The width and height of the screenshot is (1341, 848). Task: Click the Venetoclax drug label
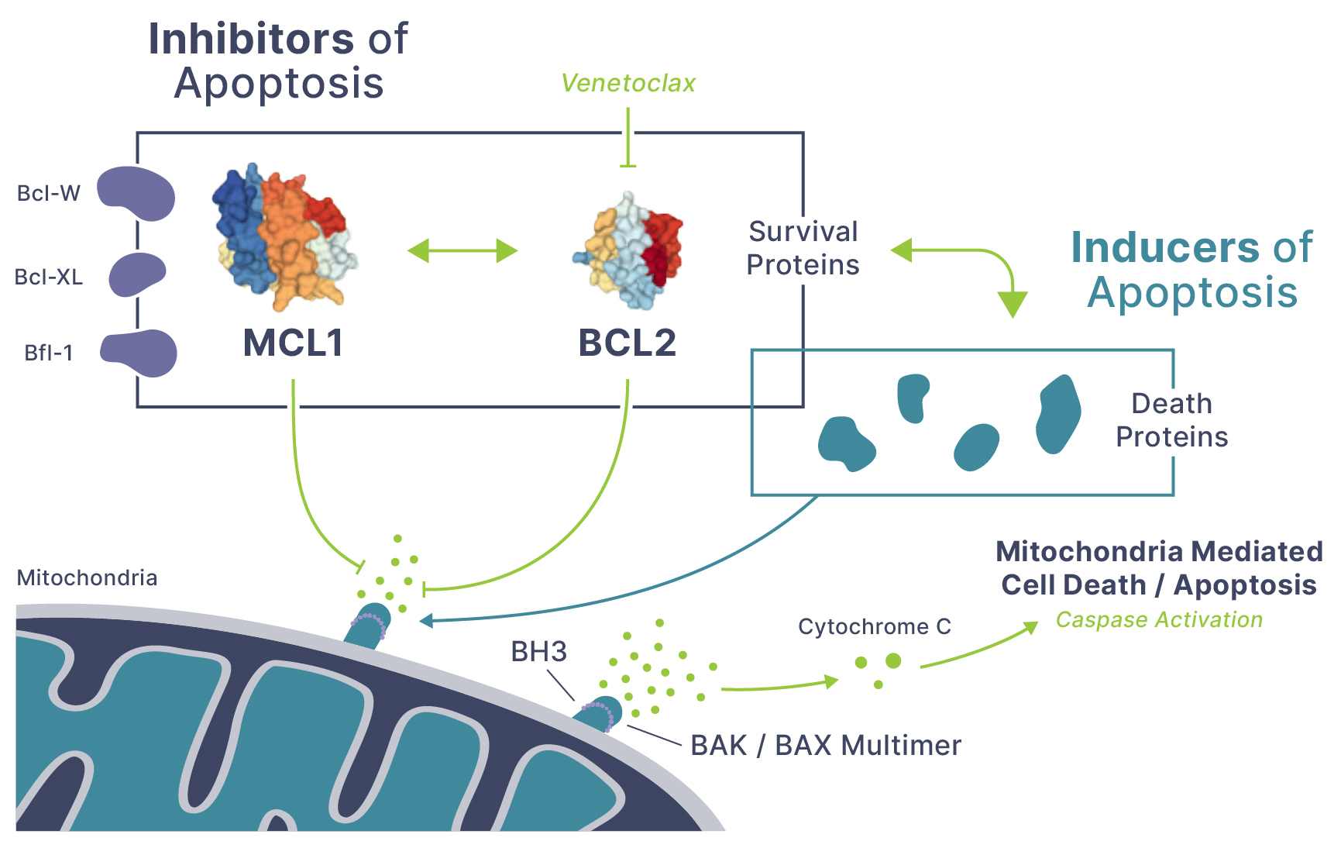628,83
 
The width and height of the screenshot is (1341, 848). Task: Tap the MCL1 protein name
293,343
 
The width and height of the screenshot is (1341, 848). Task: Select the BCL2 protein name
628,343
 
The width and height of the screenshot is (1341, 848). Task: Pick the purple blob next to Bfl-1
140,353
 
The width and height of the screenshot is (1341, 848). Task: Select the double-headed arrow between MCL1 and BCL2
462,250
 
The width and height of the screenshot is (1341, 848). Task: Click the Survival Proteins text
803,248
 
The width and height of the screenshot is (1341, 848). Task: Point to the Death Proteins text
1171,420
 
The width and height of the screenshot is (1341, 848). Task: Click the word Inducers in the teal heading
1165,248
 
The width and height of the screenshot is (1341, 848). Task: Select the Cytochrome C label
875,626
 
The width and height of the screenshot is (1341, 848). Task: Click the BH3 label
538,652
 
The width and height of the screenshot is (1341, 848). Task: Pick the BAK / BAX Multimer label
825,745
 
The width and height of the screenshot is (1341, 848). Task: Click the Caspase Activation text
1159,619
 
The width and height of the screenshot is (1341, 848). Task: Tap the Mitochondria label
87,577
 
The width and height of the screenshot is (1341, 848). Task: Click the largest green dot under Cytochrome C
893,660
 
